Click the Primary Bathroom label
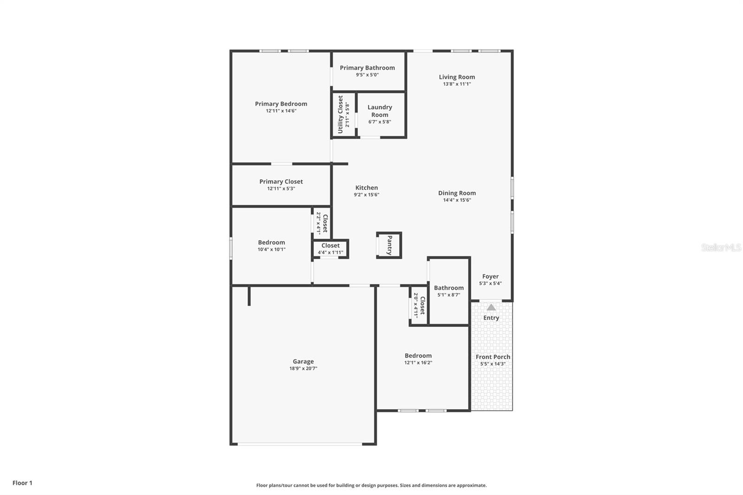[x=367, y=68]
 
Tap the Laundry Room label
[x=380, y=111]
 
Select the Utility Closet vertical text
[x=340, y=115]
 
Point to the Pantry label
[x=390, y=245]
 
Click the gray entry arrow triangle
[x=491, y=307]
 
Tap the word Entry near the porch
[x=491, y=318]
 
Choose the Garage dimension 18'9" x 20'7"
[x=303, y=369]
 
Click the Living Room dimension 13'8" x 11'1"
[x=457, y=84]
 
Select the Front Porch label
[x=493, y=357]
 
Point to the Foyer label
[x=490, y=276]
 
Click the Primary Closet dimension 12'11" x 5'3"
[x=281, y=189]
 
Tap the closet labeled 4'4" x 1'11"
[x=331, y=249]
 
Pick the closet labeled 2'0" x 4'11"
[x=419, y=305]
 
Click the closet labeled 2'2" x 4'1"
[x=322, y=223]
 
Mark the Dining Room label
[x=457, y=193]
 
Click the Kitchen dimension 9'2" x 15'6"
[x=366, y=195]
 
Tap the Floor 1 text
[x=22, y=483]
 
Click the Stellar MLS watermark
[x=721, y=247]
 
